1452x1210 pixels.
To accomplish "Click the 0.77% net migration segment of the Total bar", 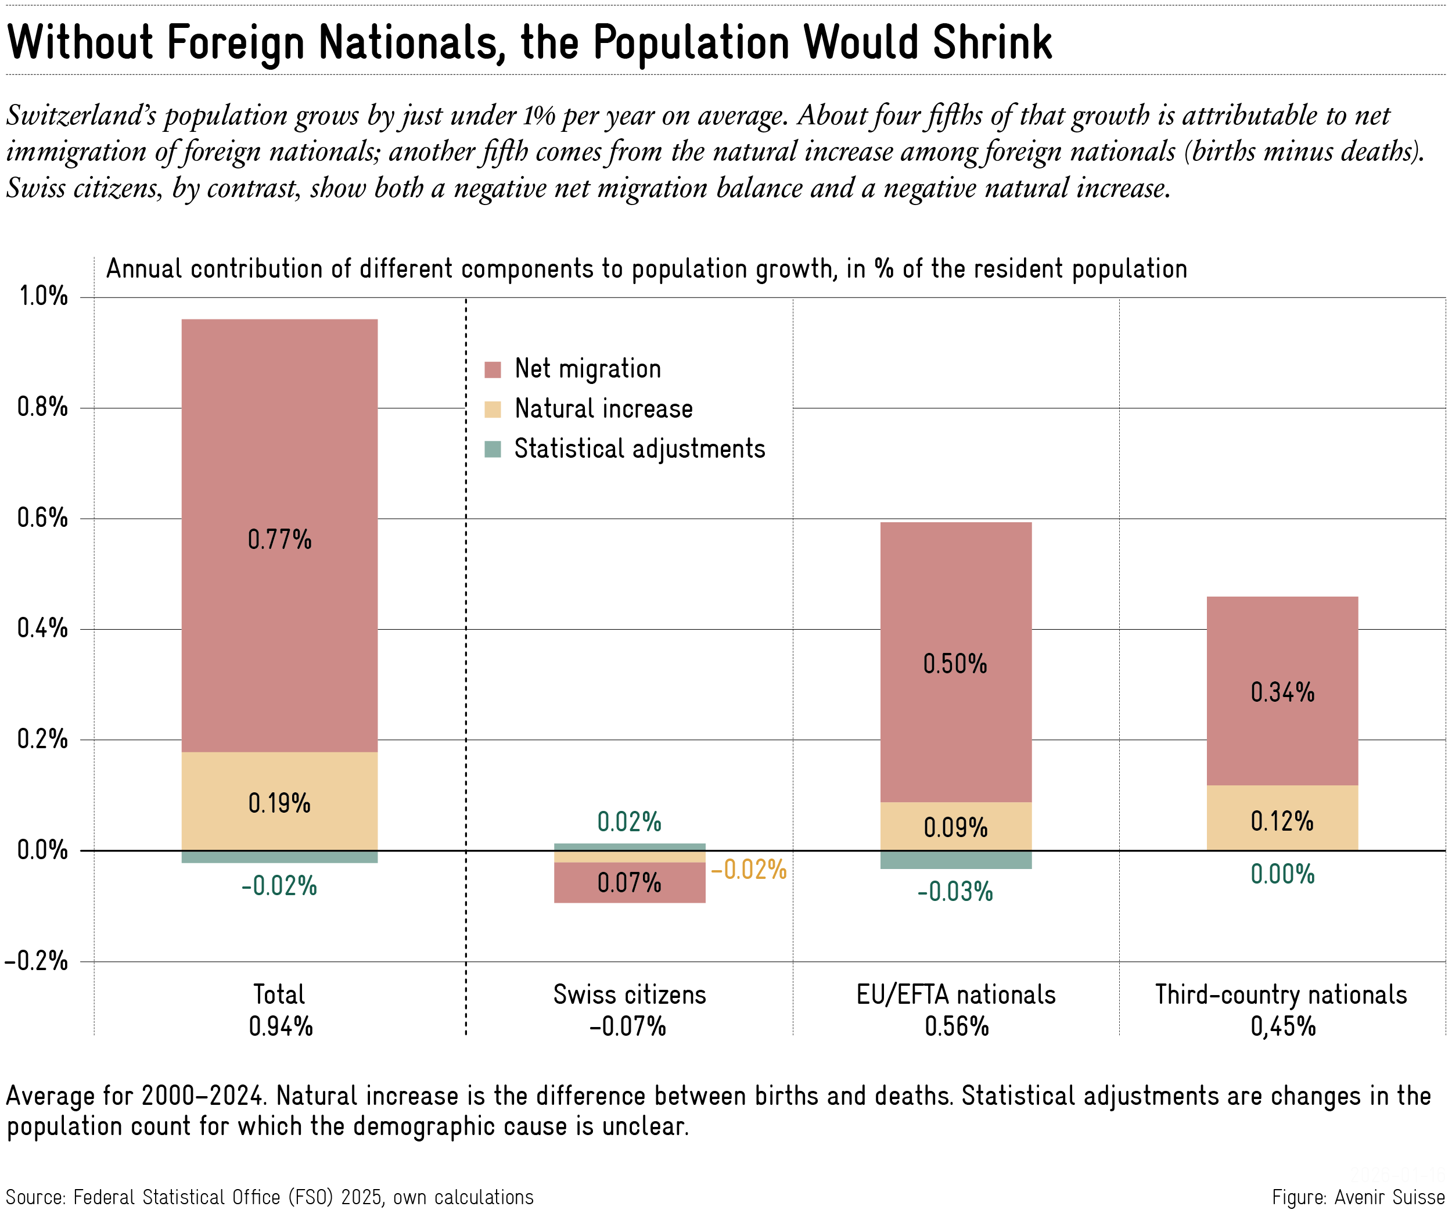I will click(279, 536).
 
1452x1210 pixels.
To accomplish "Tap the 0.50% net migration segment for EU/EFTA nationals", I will click(955, 662).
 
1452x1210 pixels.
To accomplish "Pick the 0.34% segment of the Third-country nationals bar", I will click(1282, 691).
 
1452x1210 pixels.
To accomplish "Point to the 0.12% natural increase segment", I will click(1282, 818).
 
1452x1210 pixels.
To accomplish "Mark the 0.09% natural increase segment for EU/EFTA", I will click(955, 826).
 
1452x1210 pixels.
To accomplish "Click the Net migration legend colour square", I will click(493, 369).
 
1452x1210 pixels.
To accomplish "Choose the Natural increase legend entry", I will click(603, 408).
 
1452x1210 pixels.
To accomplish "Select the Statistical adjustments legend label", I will click(639, 448).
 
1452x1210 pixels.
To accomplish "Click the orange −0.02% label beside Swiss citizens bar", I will click(749, 869).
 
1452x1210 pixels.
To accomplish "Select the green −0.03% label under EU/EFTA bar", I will click(955, 891).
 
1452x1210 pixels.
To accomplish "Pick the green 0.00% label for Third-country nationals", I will click(1282, 874).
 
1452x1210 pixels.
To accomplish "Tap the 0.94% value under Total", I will click(281, 1026).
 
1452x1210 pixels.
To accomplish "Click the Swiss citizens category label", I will click(629, 994).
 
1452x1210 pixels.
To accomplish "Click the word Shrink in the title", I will click(992, 43).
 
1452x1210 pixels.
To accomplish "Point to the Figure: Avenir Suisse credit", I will click(1358, 1197).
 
